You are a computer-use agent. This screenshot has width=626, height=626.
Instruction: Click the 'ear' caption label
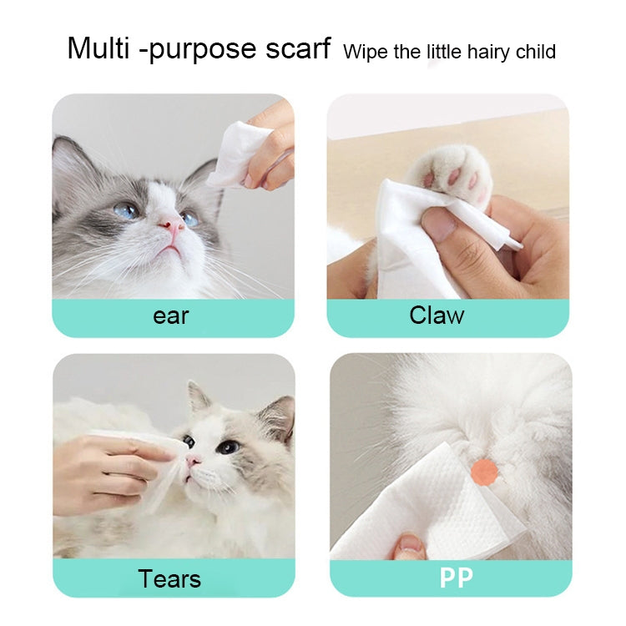point(171,317)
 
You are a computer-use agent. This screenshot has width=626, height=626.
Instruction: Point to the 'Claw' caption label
point(437,316)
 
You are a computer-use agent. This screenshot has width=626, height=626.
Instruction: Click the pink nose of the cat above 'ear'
point(172,223)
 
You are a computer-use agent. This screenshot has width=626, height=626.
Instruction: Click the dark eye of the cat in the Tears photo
point(228,447)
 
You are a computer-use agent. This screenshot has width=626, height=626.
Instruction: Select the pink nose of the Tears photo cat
point(194,461)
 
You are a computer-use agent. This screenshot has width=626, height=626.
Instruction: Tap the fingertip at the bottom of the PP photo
point(410,547)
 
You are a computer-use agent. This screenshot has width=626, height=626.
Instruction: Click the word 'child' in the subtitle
point(535,53)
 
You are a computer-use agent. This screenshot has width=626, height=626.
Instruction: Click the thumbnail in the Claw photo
point(442,224)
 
